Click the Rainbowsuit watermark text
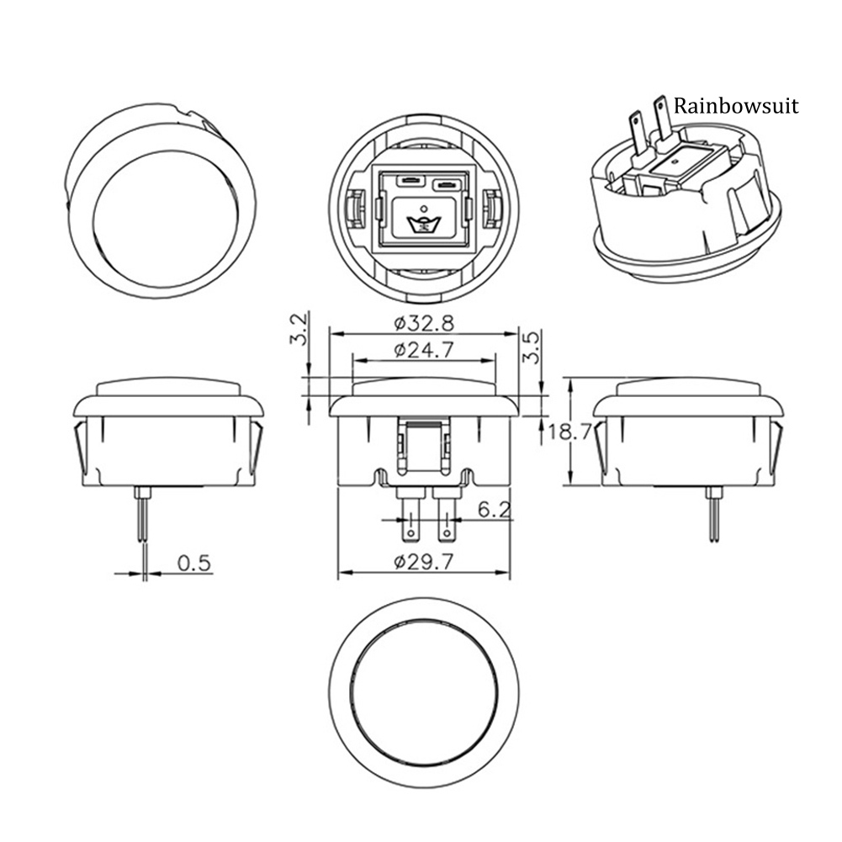point(736,106)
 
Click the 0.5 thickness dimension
point(193,564)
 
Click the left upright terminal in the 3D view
point(636,135)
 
